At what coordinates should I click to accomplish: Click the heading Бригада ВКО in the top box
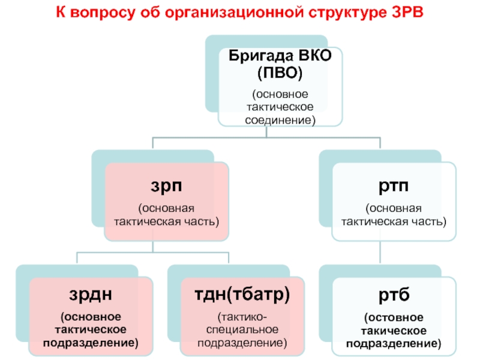coord(280,58)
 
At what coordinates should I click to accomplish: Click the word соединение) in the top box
coord(280,119)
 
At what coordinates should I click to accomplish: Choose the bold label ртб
coord(394,295)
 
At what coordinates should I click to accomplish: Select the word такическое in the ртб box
coord(394,331)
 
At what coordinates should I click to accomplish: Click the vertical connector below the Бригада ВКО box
coord(280,133)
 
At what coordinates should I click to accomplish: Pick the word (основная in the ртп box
coord(394,208)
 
